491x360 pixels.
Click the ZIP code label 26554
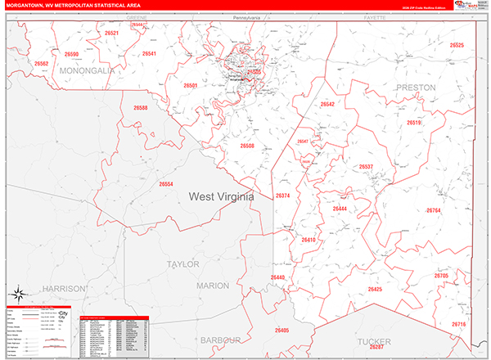[166, 184]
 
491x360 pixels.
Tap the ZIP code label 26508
[247, 146]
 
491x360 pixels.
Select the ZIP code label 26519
[413, 123]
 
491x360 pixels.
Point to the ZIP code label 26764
[433, 210]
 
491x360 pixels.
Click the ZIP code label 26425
[375, 290]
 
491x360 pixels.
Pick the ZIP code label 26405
[282, 330]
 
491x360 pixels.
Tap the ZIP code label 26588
[141, 108]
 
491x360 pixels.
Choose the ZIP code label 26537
[366, 167]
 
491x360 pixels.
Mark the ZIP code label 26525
[457, 46]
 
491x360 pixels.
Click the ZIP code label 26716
[458, 325]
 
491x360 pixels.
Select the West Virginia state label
[222, 197]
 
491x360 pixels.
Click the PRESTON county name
[416, 87]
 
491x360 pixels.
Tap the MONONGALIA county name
[86, 71]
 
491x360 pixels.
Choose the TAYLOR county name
[182, 264]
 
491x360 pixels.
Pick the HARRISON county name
[65, 289]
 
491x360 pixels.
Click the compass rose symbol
[16, 294]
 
